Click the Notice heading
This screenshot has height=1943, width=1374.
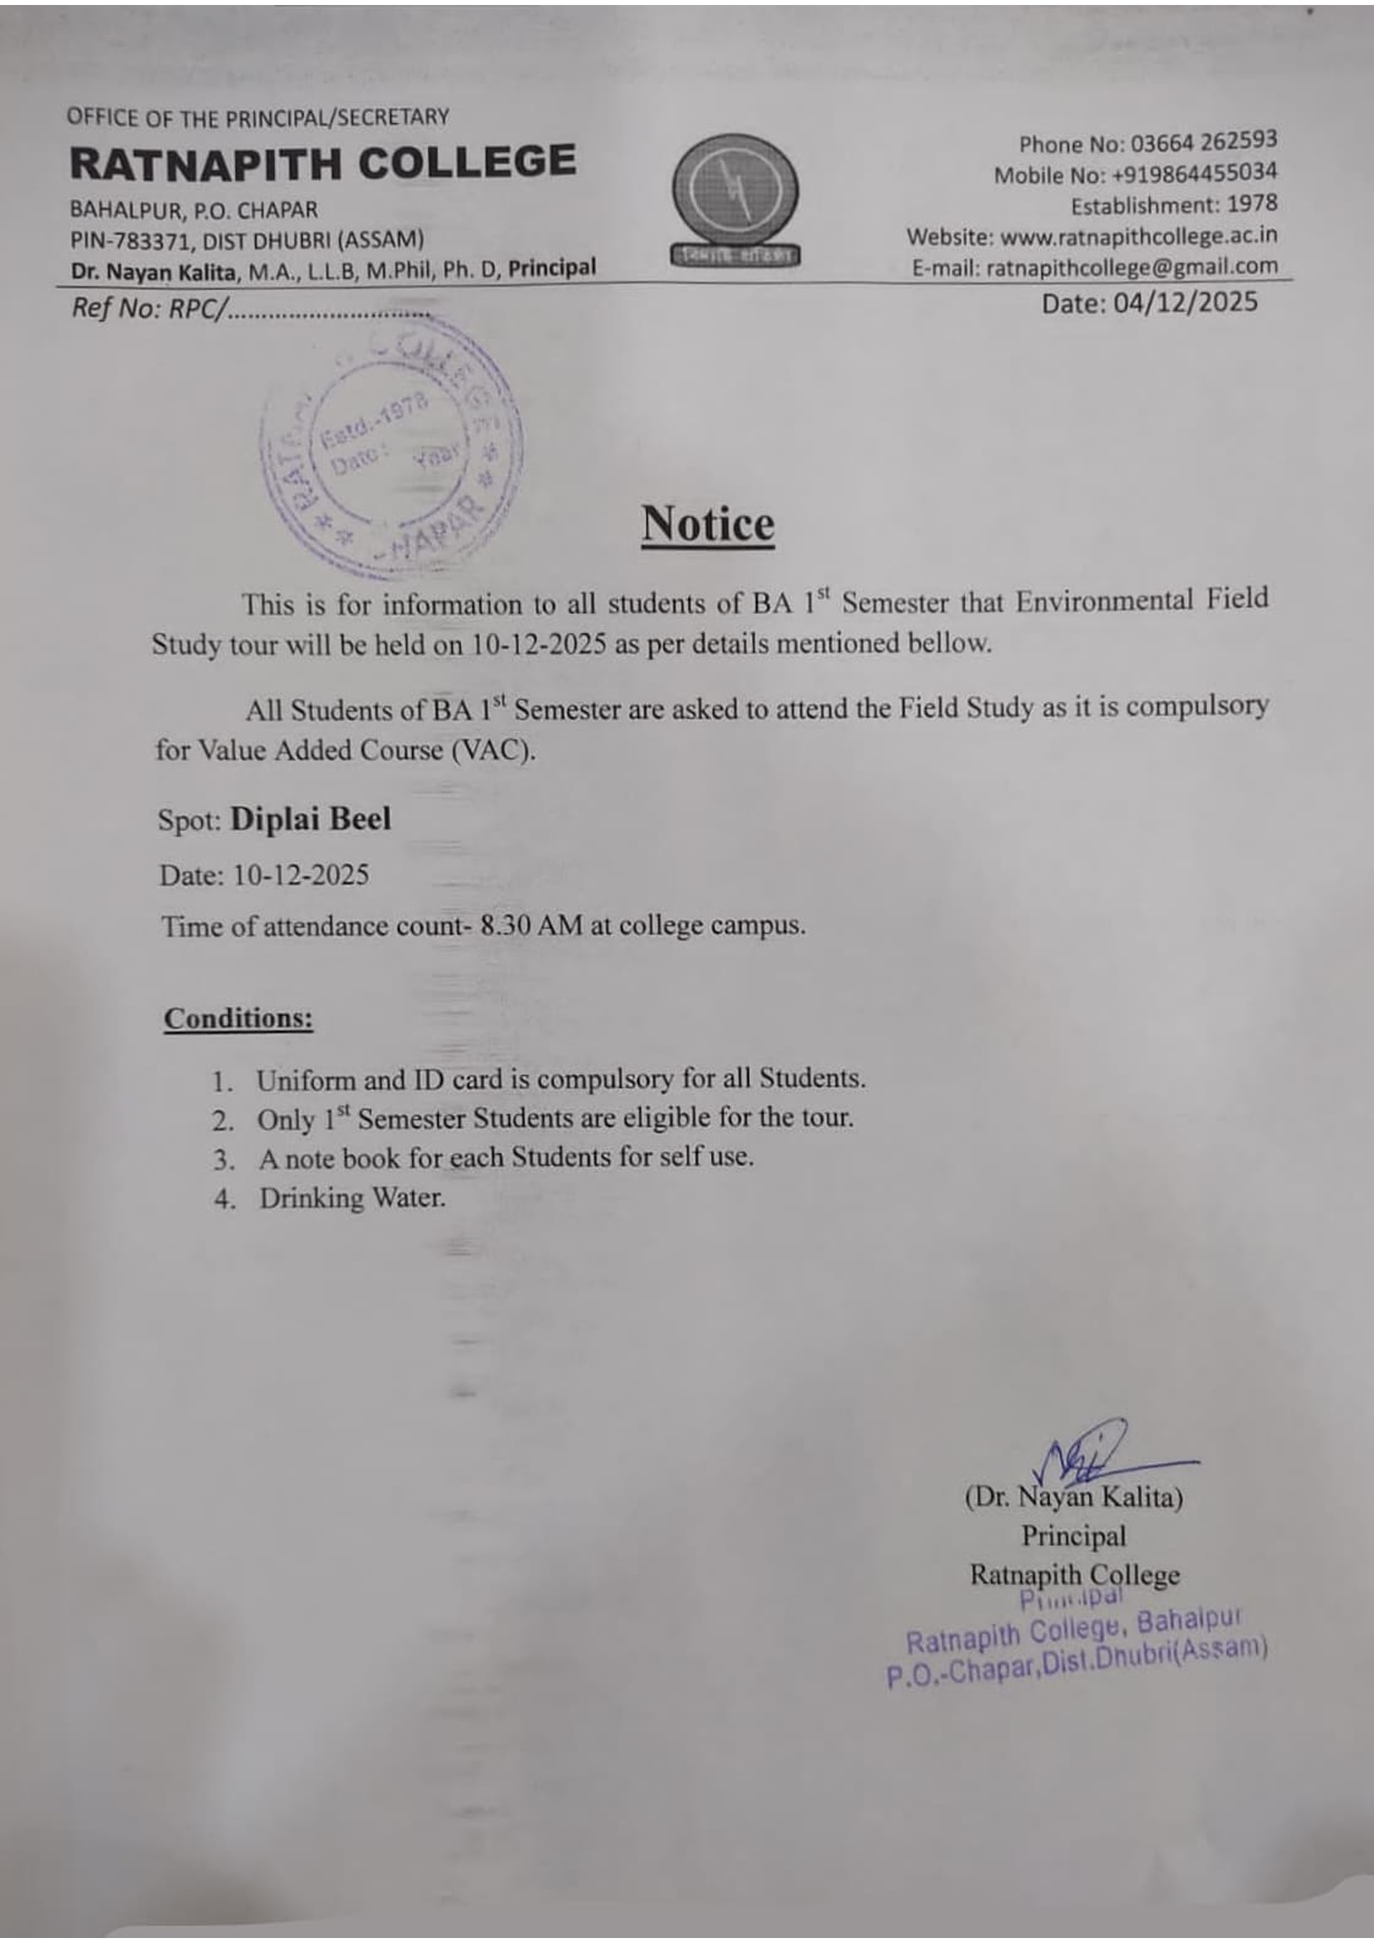click(707, 524)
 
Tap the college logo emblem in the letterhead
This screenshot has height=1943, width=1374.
click(734, 199)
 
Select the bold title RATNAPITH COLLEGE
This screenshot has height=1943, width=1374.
click(322, 163)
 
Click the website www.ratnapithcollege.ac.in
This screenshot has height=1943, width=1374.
click(1139, 235)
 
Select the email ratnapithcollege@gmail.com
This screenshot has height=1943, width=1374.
click(1131, 267)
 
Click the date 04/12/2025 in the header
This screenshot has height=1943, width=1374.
click(1185, 302)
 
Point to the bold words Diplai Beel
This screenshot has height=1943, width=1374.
click(311, 819)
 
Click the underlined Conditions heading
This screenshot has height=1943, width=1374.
click(238, 1018)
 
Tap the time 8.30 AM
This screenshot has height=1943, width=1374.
click(532, 925)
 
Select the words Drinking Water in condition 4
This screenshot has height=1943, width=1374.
click(352, 1199)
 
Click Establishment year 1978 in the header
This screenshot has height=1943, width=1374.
click(1251, 204)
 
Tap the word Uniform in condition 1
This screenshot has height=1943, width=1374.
click(306, 1080)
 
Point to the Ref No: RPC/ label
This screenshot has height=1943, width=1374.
click(149, 308)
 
